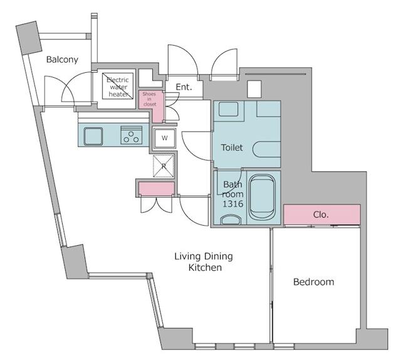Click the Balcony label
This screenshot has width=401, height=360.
(x=62, y=60)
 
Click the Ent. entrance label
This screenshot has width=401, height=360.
(x=183, y=87)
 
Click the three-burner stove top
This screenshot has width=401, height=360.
(x=132, y=135)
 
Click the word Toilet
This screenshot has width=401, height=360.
(x=232, y=148)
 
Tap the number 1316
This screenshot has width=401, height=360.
(x=232, y=204)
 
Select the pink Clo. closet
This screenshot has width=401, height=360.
(x=321, y=214)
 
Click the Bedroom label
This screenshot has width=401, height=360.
(x=313, y=282)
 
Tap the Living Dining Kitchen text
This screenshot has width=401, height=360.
(x=204, y=262)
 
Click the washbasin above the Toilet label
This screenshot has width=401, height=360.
(x=229, y=110)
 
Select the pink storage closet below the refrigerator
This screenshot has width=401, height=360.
(x=155, y=188)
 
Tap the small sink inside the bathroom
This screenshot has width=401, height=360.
(x=230, y=220)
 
